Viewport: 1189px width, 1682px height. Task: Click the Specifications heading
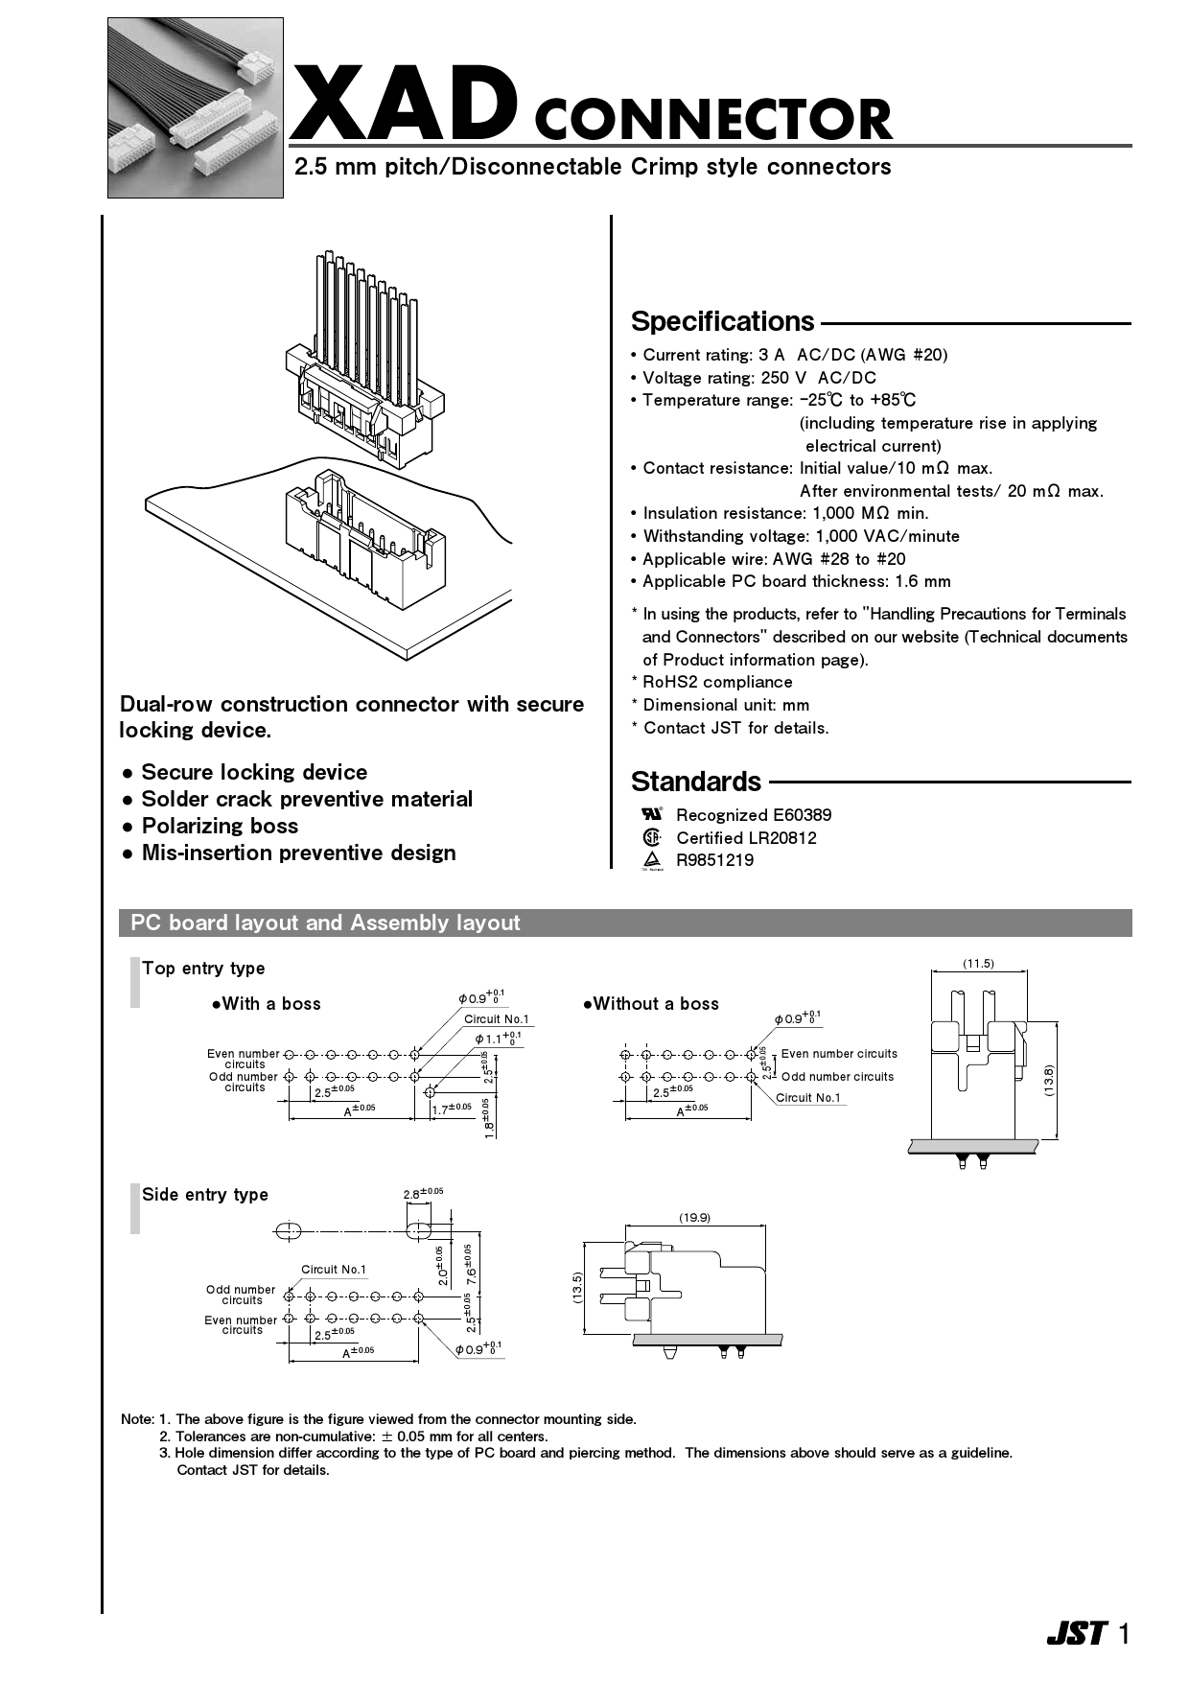[x=722, y=321]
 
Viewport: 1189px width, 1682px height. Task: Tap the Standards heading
[x=695, y=782]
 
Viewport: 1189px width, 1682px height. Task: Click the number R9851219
[x=714, y=860]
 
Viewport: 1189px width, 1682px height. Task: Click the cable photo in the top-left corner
[x=195, y=107]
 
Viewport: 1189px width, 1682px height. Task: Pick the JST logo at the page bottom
[x=1076, y=1634]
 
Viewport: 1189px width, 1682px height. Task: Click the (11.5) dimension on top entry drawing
[x=978, y=964]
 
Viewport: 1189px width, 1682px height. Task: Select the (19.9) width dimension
[x=694, y=1218]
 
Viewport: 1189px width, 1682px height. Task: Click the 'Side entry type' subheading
[x=205, y=1195]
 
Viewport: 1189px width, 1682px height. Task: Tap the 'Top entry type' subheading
[x=203, y=969]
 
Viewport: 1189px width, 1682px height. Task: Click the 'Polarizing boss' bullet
[x=220, y=827]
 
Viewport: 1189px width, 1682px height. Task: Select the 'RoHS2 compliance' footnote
[x=717, y=682]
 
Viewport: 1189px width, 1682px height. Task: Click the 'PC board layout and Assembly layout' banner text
[x=325, y=923]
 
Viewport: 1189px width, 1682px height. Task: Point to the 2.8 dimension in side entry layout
[x=422, y=1194]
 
